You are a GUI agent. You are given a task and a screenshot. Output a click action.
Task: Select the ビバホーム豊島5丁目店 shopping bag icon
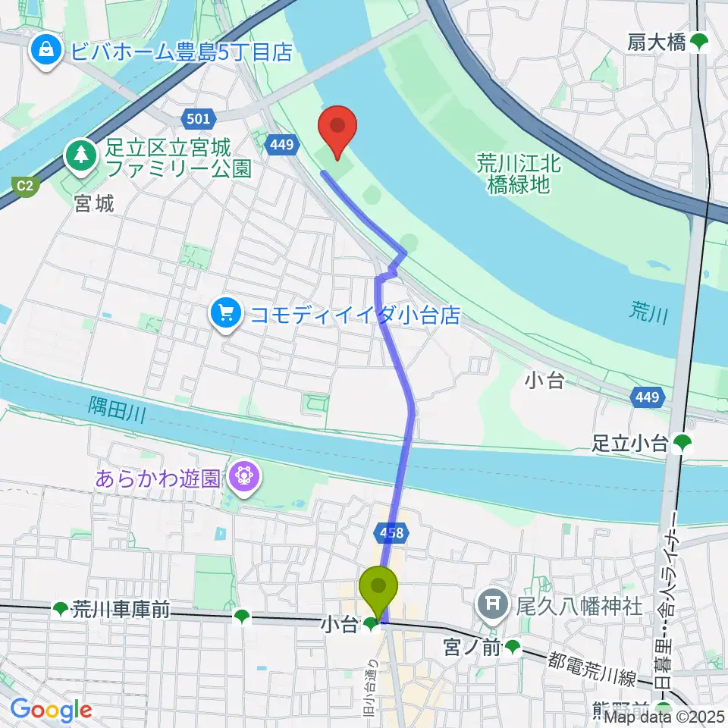47,51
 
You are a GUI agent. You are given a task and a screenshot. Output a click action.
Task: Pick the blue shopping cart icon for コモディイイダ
225,313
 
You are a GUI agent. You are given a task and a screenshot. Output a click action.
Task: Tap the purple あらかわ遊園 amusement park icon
245,478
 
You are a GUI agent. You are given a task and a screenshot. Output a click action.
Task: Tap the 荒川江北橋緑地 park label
519,174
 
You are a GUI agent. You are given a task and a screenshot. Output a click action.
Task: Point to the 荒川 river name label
648,312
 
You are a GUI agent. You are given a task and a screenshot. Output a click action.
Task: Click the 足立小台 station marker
681,441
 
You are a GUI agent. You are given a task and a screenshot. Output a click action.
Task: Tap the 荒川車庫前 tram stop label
121,608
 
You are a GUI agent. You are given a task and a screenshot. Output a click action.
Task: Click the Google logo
51,711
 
